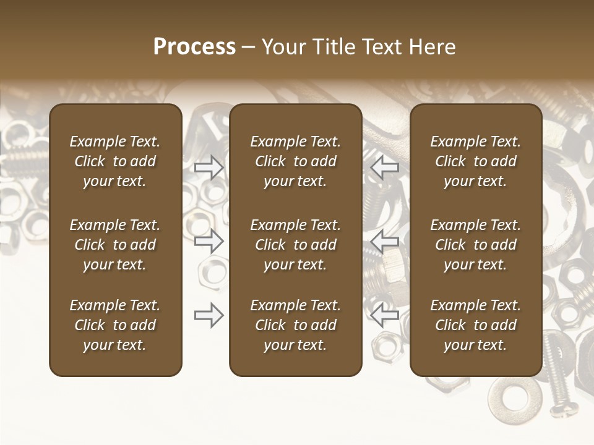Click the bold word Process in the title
pos(194,47)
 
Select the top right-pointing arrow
pos(209,167)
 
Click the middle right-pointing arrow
pos(209,241)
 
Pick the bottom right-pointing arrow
pos(209,315)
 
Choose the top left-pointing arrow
pos(384,167)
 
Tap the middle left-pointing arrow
pos(384,241)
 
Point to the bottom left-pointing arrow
pos(384,315)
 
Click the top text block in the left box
pos(115,161)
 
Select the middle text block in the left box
pos(115,245)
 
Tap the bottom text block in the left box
pos(115,325)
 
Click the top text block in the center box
pos(295,161)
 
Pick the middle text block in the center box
pos(295,245)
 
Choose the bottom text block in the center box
pos(295,325)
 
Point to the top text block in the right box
pos(475,161)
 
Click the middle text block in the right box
pos(475,245)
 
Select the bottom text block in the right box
pos(475,325)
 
